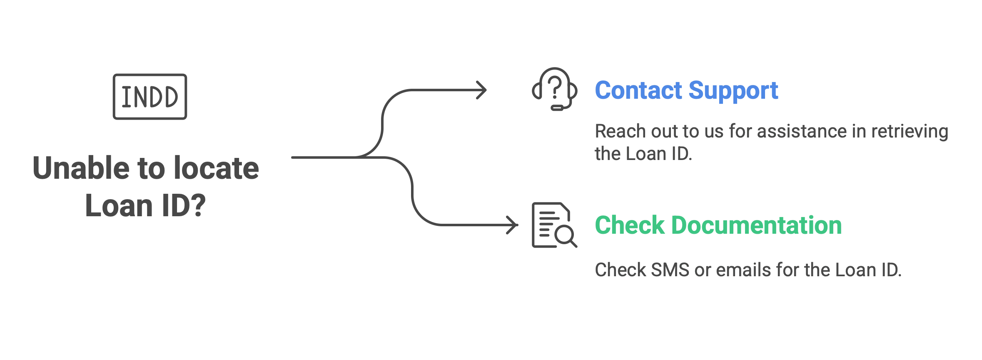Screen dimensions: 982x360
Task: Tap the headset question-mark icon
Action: coord(555,89)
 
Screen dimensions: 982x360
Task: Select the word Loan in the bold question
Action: coord(119,206)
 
